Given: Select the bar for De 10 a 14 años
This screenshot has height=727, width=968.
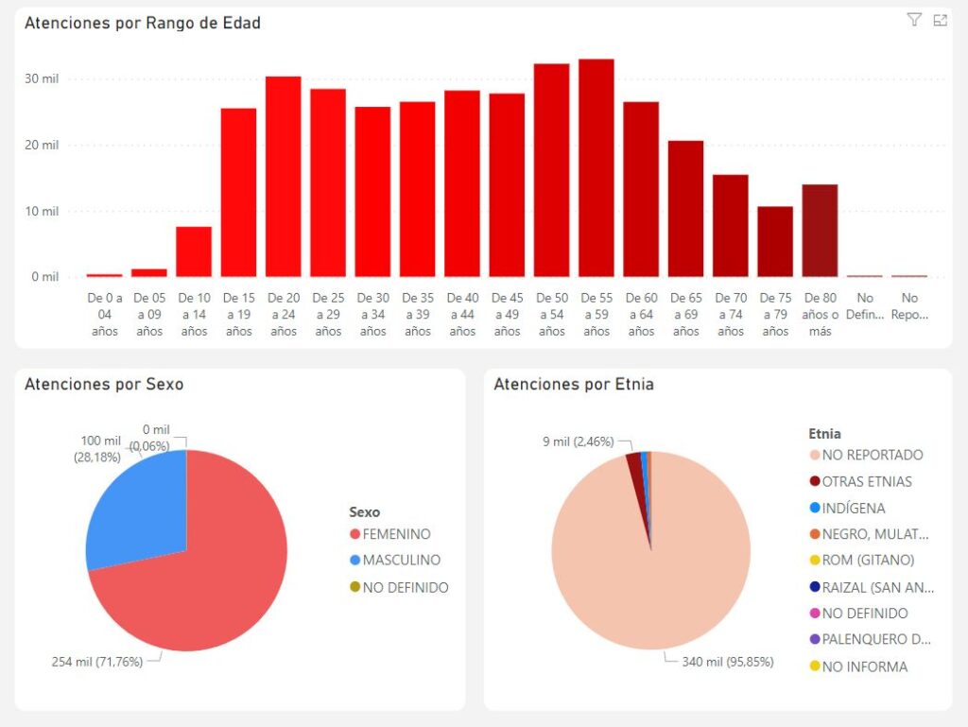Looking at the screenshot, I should point(194,251).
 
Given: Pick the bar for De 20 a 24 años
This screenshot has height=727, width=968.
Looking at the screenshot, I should point(284,177).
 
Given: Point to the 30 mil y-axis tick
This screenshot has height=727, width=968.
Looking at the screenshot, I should point(42,78).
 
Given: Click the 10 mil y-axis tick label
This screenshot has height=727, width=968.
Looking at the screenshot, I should point(42,211).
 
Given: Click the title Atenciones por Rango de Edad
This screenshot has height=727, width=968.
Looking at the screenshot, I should point(143,23).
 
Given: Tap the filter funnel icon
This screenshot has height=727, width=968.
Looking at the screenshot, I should point(913,20).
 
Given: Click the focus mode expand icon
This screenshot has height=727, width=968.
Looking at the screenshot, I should point(940,20).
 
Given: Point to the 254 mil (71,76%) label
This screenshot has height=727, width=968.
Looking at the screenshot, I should point(96,662).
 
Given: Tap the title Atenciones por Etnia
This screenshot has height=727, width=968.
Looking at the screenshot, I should point(574,384).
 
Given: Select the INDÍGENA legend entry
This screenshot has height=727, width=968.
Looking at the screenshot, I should point(853,508).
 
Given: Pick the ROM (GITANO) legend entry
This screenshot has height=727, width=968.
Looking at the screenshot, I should point(867,561).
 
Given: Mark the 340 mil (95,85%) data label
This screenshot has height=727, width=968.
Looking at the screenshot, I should point(727,662).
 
